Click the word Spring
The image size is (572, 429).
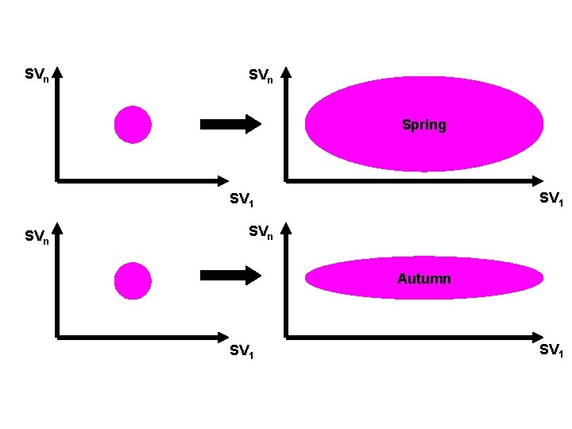tap(423, 125)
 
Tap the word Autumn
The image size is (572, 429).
tap(423, 279)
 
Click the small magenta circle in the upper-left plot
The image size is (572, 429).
tap(132, 125)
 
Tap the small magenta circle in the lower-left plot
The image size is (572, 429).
tap(132, 280)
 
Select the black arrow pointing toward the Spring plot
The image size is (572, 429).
tap(230, 124)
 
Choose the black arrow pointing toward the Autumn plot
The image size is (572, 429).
tap(230, 276)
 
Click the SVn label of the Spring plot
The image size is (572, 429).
tap(261, 75)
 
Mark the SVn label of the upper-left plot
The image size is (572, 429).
tap(37, 75)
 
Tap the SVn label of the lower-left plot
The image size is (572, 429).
tap(37, 236)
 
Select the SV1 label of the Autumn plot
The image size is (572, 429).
tap(551, 350)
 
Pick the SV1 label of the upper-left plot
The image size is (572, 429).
tap(242, 199)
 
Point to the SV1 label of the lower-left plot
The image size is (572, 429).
tap(242, 350)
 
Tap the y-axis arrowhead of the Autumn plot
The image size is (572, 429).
tap(286, 228)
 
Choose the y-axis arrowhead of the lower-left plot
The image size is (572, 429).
tap(57, 228)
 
